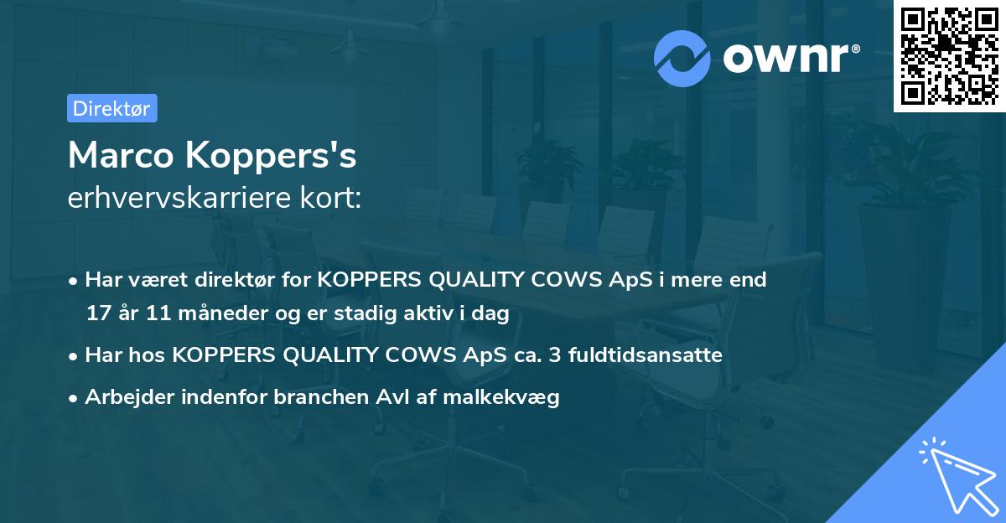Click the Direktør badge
coord(111,108)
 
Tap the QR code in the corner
coord(949,55)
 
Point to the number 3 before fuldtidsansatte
coord(554,355)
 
